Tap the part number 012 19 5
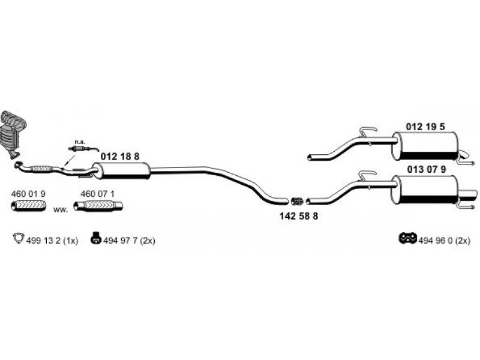(426, 127)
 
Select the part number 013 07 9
(427, 169)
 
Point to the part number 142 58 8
(299, 216)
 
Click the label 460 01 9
(28, 194)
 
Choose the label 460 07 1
(97, 194)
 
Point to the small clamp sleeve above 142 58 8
(296, 200)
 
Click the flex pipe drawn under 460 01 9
(28, 207)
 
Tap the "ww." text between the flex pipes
(60, 209)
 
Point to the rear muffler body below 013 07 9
(426, 191)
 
